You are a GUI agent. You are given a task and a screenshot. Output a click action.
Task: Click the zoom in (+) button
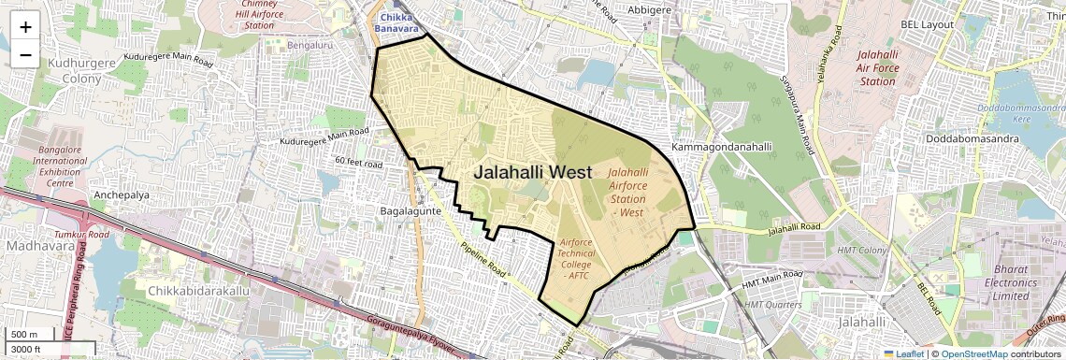pos(25,26)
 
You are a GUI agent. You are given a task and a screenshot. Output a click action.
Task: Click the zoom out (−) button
pos(25,54)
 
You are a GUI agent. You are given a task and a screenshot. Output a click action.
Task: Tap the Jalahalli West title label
pos(532,172)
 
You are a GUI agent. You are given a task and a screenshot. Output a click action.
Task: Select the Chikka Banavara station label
pos(397,23)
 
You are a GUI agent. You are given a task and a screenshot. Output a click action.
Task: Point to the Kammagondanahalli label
pos(722,148)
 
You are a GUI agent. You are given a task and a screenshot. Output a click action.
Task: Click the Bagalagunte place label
pos(410,211)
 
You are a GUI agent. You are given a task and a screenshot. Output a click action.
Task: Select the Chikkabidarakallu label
pos(198,292)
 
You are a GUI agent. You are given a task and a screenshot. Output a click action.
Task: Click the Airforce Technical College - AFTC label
pos(576,259)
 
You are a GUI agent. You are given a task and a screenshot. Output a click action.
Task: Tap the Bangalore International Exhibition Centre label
pos(60,166)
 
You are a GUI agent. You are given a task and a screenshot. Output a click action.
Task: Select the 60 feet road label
pos(359,164)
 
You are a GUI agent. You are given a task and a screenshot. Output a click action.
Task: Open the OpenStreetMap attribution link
pos(973,353)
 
